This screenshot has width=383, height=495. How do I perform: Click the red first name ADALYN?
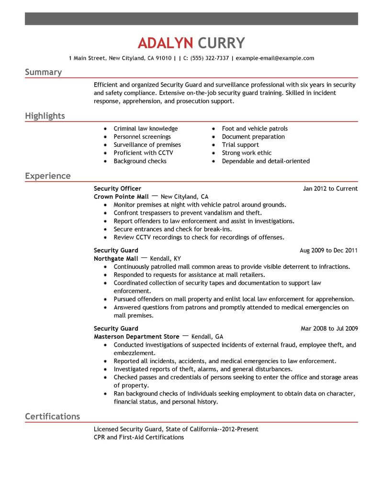(165, 43)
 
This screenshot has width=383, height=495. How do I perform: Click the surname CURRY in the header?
(220, 43)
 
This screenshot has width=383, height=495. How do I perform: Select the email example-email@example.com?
(275, 58)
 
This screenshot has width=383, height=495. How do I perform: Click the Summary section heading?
(43, 72)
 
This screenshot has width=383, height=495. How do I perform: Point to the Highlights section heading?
(45, 116)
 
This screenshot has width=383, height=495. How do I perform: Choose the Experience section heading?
(47, 176)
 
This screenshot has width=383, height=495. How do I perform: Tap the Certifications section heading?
(52, 417)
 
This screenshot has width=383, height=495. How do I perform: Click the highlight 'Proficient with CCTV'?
(143, 153)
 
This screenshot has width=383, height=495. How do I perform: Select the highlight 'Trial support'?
(240, 145)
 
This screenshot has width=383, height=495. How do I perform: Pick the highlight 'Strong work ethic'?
(247, 153)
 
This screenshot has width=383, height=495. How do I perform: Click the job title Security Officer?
(117, 188)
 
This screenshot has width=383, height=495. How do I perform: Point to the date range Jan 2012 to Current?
(330, 188)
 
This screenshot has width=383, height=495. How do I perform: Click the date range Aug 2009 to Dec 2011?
(328, 251)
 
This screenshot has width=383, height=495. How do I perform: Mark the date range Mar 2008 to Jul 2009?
(329, 329)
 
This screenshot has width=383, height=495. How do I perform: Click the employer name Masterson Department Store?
(136, 337)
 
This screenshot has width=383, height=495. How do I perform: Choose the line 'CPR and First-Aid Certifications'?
(139, 437)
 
